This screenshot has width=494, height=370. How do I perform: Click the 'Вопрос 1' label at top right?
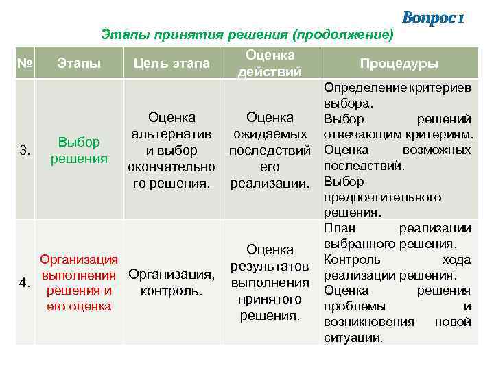coord(433,17)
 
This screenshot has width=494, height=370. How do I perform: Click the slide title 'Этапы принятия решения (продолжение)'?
coord(248,34)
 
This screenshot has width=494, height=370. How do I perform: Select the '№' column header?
coord(25,64)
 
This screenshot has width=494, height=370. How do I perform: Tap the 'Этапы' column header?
coord(79,64)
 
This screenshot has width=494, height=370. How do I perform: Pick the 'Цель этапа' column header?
coord(172,64)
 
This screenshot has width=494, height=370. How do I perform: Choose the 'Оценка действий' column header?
coord(270,63)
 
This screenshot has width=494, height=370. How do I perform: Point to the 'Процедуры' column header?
coord(400,64)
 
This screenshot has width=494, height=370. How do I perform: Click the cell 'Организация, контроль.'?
coord(172,283)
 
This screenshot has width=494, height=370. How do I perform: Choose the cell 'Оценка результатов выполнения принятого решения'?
coord(270,283)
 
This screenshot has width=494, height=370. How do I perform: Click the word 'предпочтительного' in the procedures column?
coord(382,197)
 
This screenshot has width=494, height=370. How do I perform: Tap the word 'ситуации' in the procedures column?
coord(353,338)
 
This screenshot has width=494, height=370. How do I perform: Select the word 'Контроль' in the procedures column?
coord(348,260)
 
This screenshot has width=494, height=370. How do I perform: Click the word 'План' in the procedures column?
coord(338,228)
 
